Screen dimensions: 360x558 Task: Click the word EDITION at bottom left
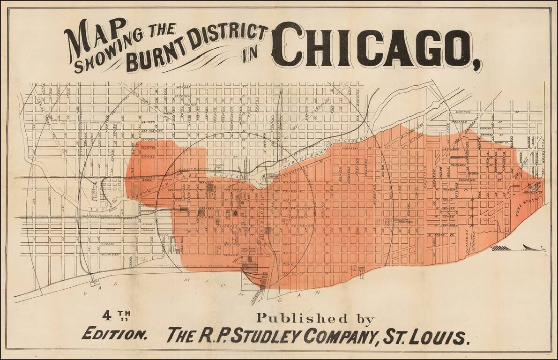click(115, 335)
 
